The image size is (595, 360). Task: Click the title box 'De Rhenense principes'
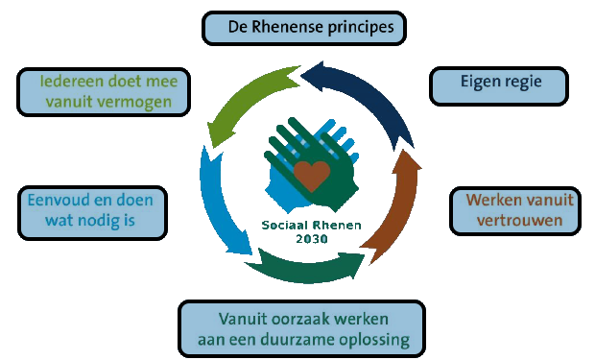click(303, 27)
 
